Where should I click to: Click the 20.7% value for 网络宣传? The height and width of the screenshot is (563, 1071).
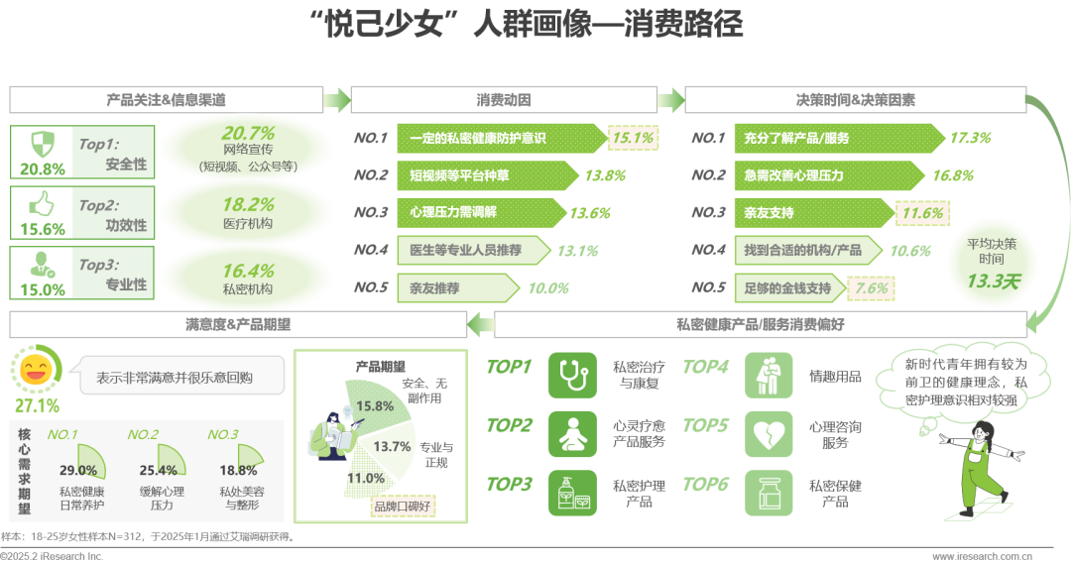248,133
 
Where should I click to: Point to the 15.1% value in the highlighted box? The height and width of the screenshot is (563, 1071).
633,138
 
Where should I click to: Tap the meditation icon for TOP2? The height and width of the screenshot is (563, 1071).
572,434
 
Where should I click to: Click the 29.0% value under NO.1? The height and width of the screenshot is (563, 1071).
78,470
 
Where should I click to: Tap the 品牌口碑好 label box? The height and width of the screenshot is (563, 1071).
403,507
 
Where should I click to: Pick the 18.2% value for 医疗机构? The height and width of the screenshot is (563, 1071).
248,205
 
